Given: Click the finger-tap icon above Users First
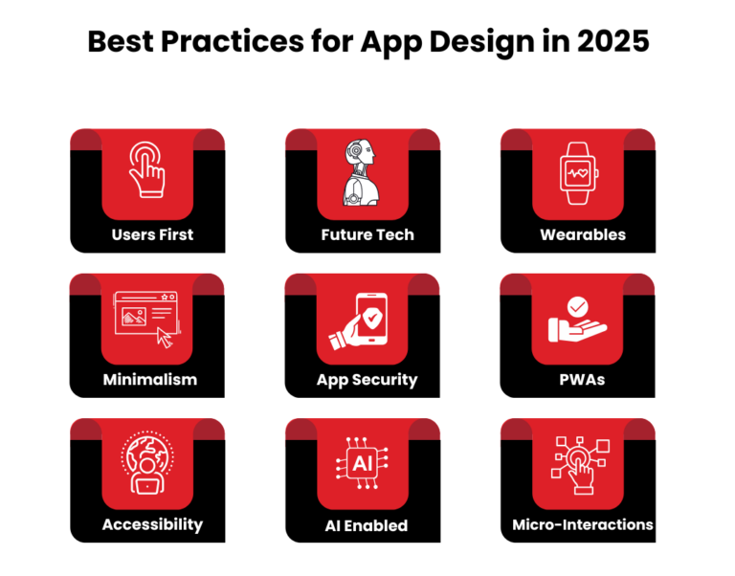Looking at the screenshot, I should tap(146, 169).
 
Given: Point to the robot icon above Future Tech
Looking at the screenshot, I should tap(362, 172).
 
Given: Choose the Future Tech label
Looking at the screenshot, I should tap(367, 234).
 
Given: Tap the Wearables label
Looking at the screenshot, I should tap(582, 234).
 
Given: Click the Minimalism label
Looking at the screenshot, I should tap(149, 379).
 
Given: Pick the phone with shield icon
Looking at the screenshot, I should tap(359, 321).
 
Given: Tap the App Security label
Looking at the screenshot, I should tap(367, 380).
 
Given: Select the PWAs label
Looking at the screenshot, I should tap(582, 380).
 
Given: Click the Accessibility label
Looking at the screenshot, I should tap(152, 524).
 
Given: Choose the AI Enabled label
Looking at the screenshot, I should tap(367, 525).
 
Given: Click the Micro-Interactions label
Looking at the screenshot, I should tap(582, 524).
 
